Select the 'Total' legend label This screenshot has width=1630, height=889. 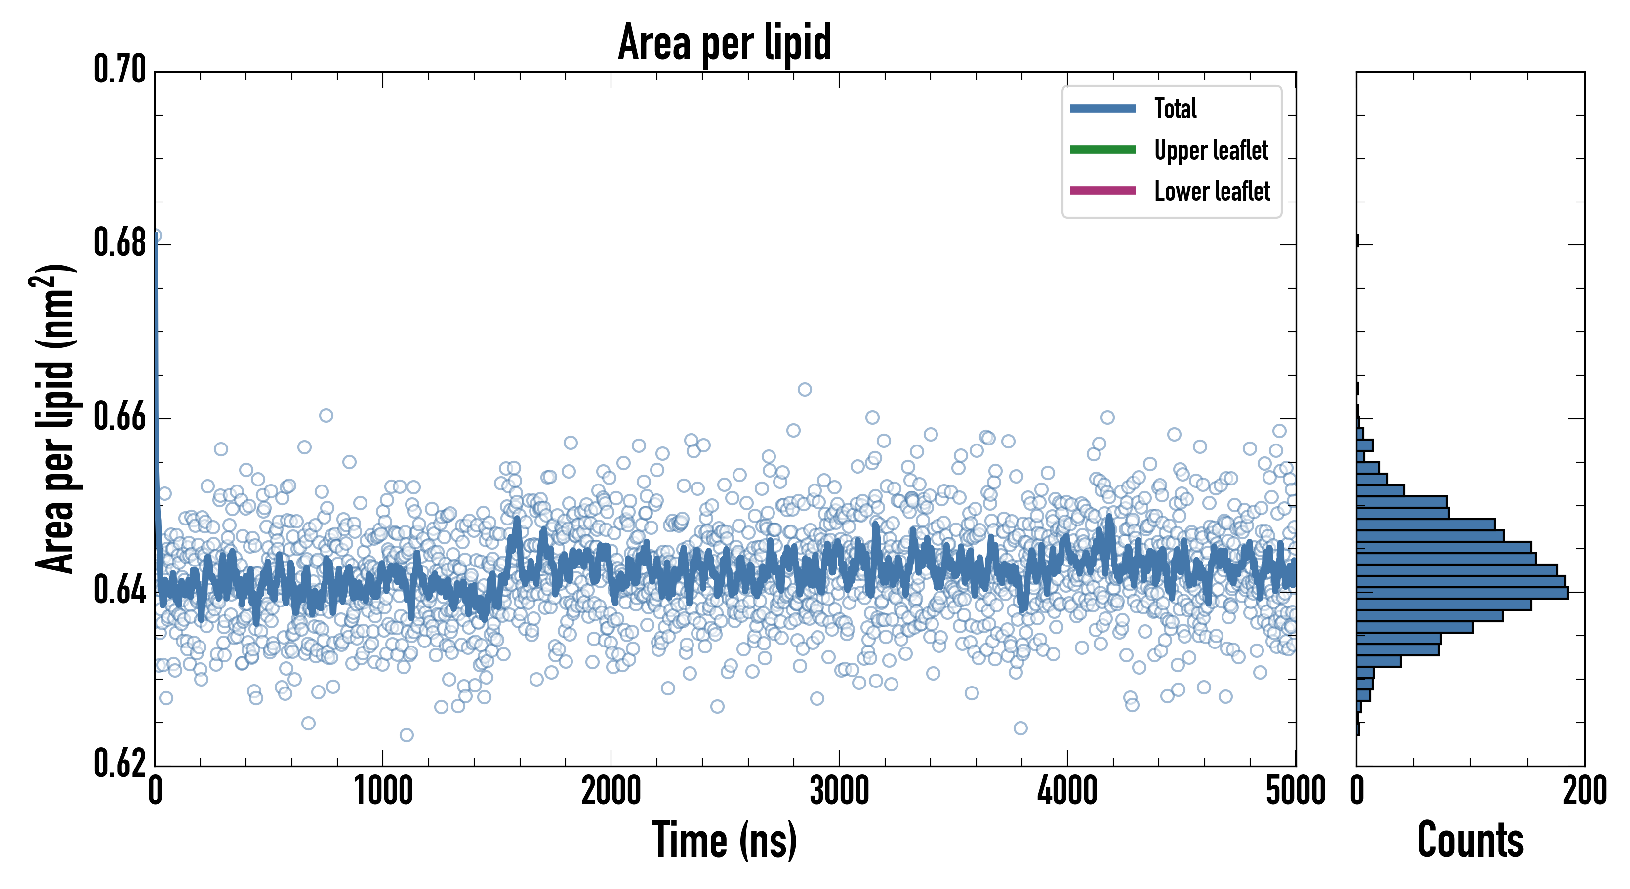pos(1175,108)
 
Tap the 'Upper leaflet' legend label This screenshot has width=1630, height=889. pos(1211,150)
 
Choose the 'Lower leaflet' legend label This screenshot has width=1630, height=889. pos(1212,191)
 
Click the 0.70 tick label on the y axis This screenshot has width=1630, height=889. pos(120,70)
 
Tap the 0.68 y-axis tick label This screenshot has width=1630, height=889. pos(120,243)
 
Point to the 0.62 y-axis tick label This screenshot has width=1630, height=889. pos(120,764)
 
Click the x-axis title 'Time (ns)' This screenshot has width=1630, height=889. pos(725,840)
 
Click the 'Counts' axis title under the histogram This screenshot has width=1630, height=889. pos(1470,840)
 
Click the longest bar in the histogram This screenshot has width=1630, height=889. pos(1462,593)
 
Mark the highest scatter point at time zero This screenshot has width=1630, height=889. pos(156,236)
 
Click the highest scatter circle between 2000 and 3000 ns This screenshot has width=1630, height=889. pos(804,389)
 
